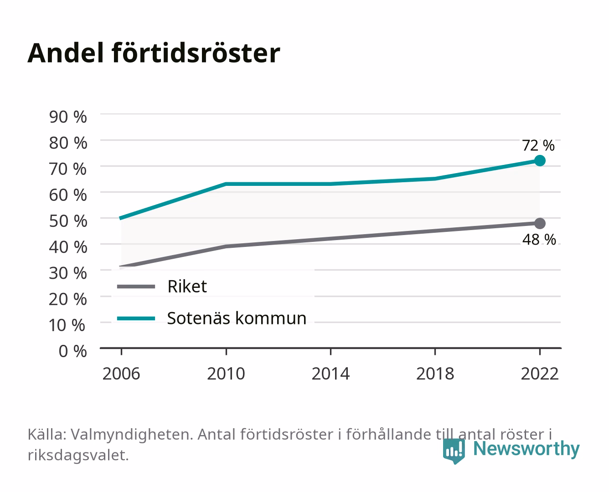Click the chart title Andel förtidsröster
154,53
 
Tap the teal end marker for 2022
540,160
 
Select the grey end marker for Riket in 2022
540,223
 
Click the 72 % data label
538,145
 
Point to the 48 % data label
539,240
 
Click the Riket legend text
187,286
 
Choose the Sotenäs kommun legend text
237,318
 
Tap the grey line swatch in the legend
136,286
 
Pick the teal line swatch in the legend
136,318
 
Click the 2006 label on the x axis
121,374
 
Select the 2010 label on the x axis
226,374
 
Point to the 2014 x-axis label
330,374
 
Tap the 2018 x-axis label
435,374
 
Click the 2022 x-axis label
540,374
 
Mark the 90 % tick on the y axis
68,117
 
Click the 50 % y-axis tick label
68,221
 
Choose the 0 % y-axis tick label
72,351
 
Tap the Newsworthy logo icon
454,451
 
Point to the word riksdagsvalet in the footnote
78,455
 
